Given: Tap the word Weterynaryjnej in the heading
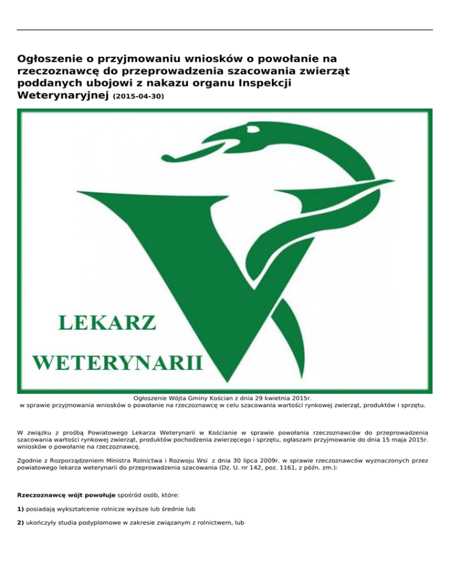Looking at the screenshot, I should [62, 94].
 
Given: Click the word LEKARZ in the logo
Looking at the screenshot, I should [107, 323].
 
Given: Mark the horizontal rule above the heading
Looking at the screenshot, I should [225, 30].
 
